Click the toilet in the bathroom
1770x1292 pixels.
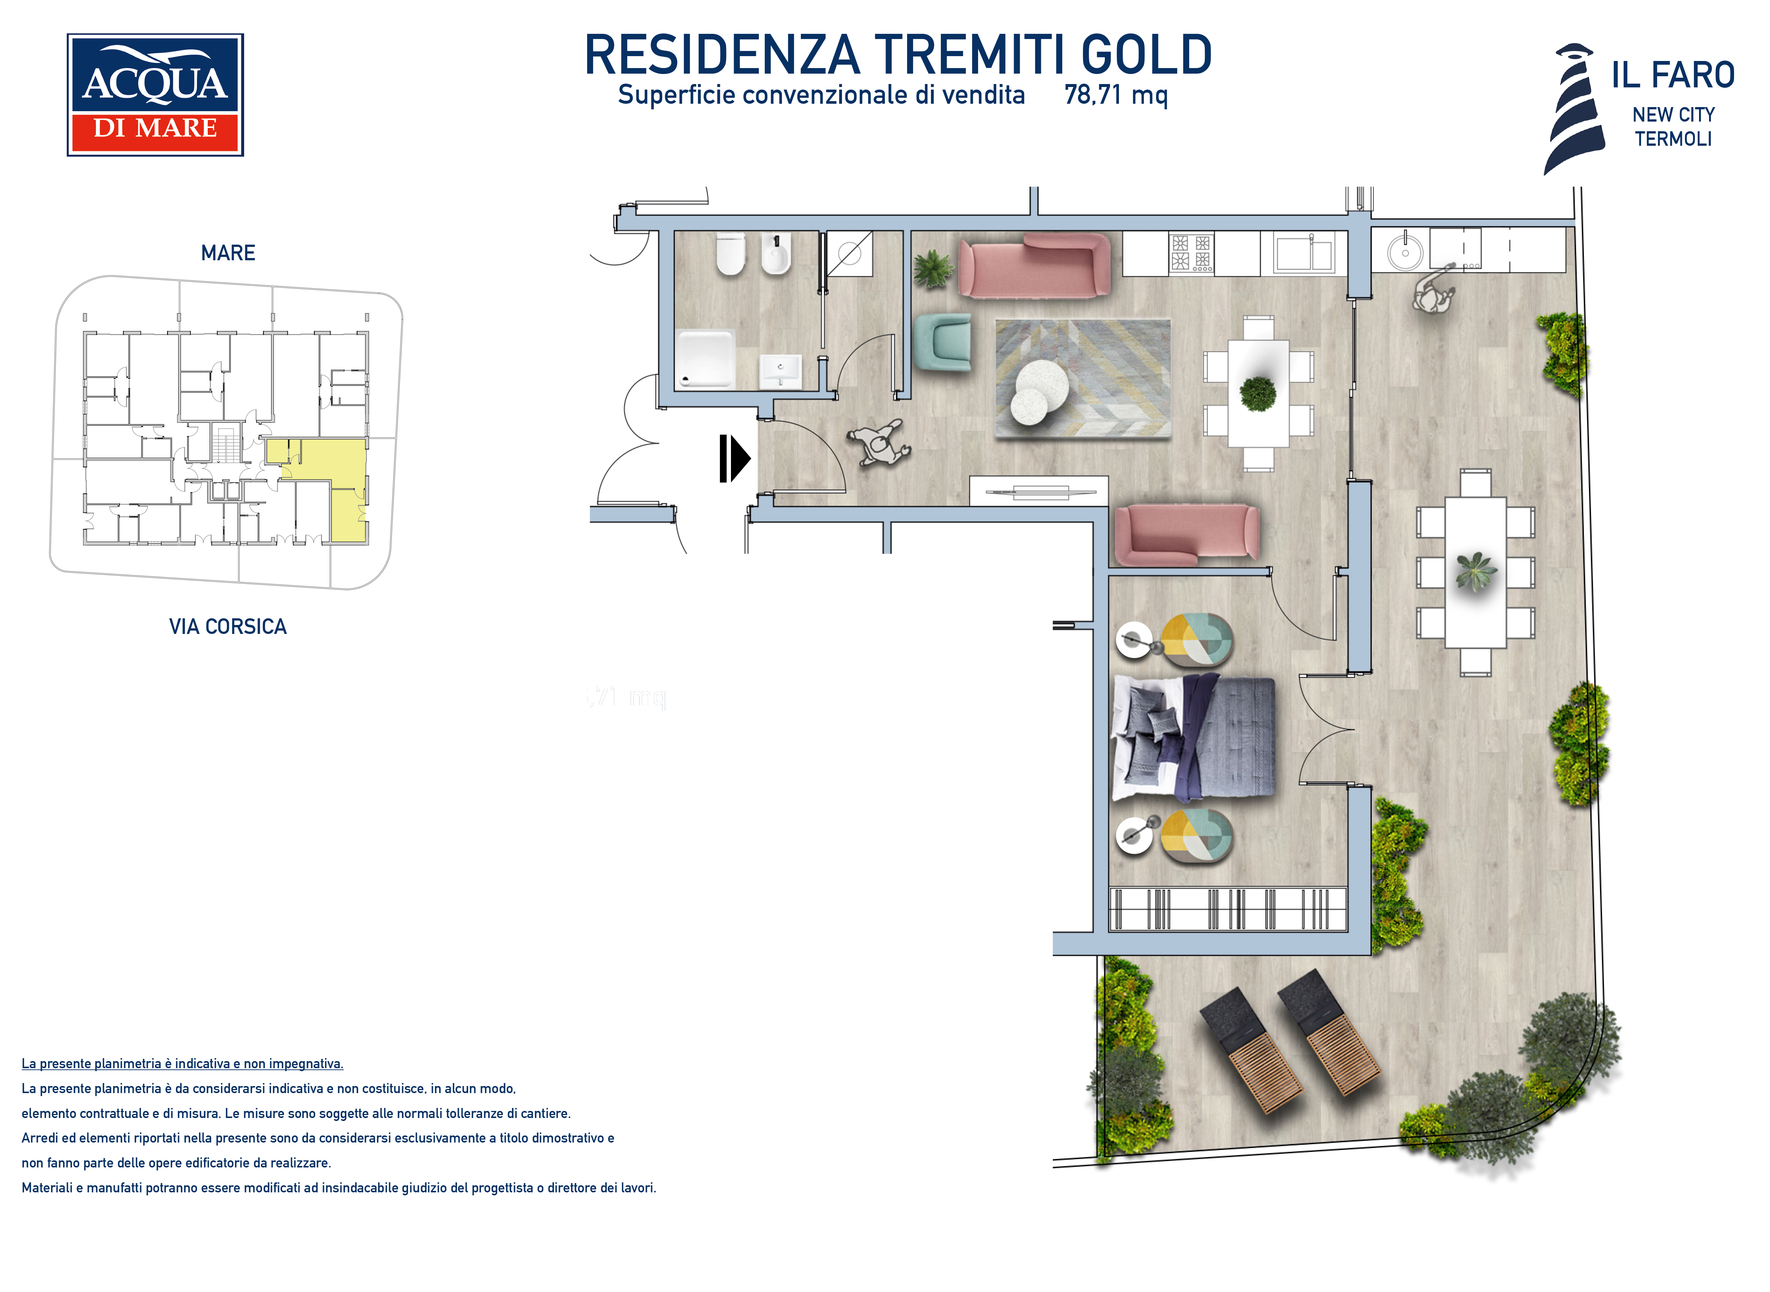pyautogui.click(x=731, y=254)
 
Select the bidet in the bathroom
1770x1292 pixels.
pyautogui.click(x=776, y=254)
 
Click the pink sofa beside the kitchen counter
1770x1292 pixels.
pyautogui.click(x=1034, y=265)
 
